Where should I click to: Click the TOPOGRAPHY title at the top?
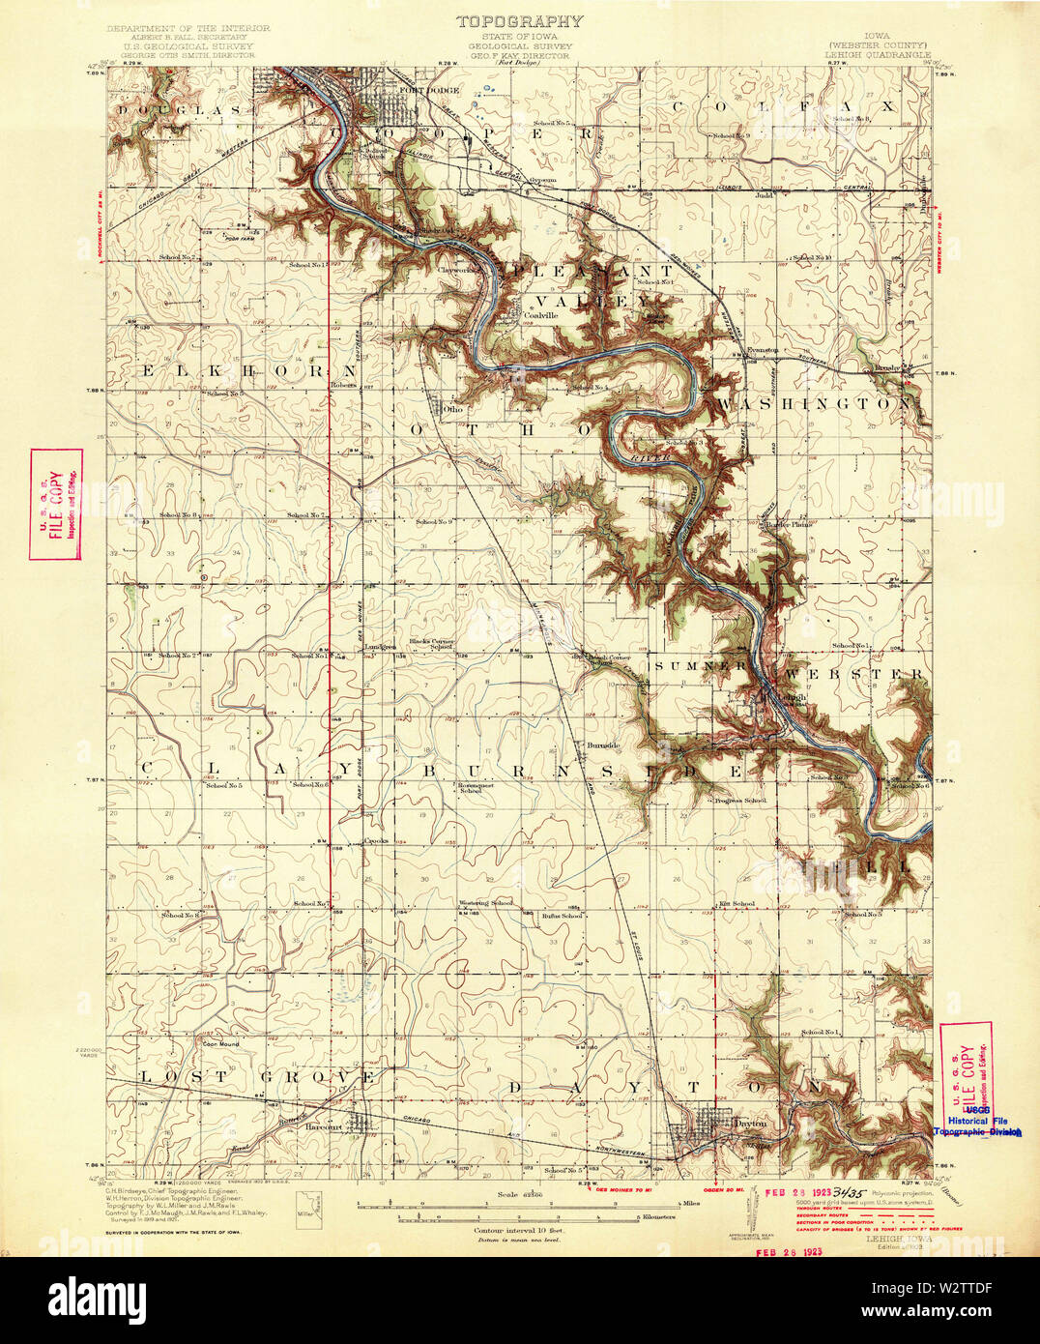tap(519, 20)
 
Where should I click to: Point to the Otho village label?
tap(452, 409)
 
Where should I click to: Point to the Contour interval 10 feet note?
tap(519, 1229)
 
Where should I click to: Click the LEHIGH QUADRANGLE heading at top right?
tap(878, 55)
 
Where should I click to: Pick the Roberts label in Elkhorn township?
tap(344, 384)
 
